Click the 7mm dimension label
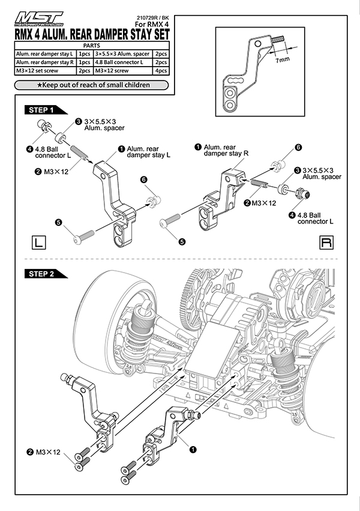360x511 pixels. pyautogui.click(x=283, y=61)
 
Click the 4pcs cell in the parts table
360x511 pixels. pyautogui.click(x=160, y=70)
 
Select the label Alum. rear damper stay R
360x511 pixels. pyautogui.click(x=224, y=150)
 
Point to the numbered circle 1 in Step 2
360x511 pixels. pyautogui.click(x=192, y=448)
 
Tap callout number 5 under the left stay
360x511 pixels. pyautogui.click(x=58, y=222)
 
